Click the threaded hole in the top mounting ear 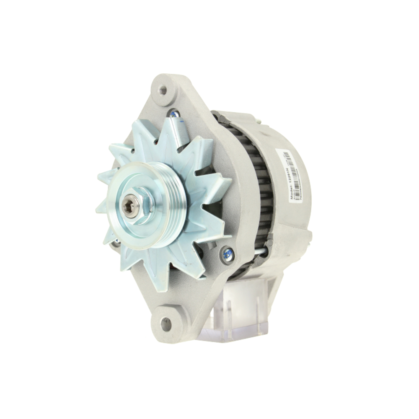pyautogui.click(x=163, y=90)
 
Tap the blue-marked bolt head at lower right pyautogui.click(x=228, y=253)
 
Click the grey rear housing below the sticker pyautogui.click(x=293, y=226)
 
